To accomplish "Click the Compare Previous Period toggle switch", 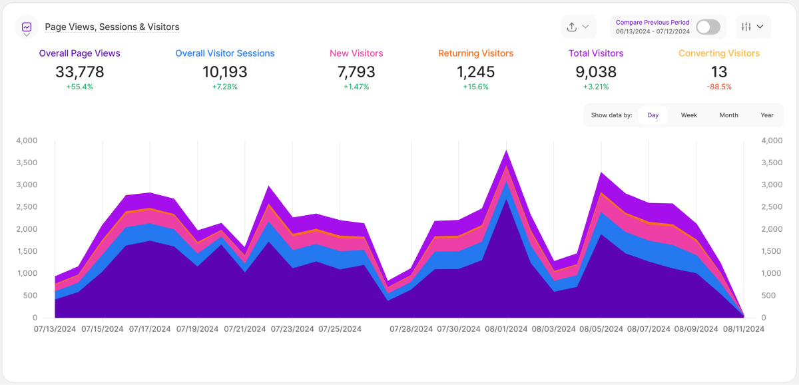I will pyautogui.click(x=708, y=27).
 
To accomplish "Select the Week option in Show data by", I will pyautogui.click(x=688, y=115).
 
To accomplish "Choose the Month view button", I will pyautogui.click(x=728, y=115).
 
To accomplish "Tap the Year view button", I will pyautogui.click(x=767, y=115).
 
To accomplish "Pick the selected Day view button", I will pyautogui.click(x=653, y=115).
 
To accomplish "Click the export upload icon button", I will pyautogui.click(x=577, y=27).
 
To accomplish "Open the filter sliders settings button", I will pyautogui.click(x=753, y=27).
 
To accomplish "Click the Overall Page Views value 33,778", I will pyautogui.click(x=79, y=72).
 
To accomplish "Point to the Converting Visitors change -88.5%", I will pyautogui.click(x=718, y=87).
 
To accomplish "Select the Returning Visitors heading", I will pyautogui.click(x=475, y=53).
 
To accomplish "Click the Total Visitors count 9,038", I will pyautogui.click(x=596, y=72).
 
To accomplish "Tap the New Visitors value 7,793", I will pyautogui.click(x=356, y=72).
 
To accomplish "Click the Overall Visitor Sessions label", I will pyautogui.click(x=224, y=53).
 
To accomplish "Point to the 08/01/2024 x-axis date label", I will pyautogui.click(x=507, y=329).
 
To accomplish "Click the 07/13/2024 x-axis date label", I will pyautogui.click(x=56, y=329).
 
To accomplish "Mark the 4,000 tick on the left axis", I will pyautogui.click(x=27, y=141).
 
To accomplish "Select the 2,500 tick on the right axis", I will pyautogui.click(x=772, y=207).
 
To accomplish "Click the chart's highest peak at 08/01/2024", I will pyautogui.click(x=507, y=152).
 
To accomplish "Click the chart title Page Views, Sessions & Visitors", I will pyautogui.click(x=112, y=27).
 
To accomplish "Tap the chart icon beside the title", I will pyautogui.click(x=27, y=27).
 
